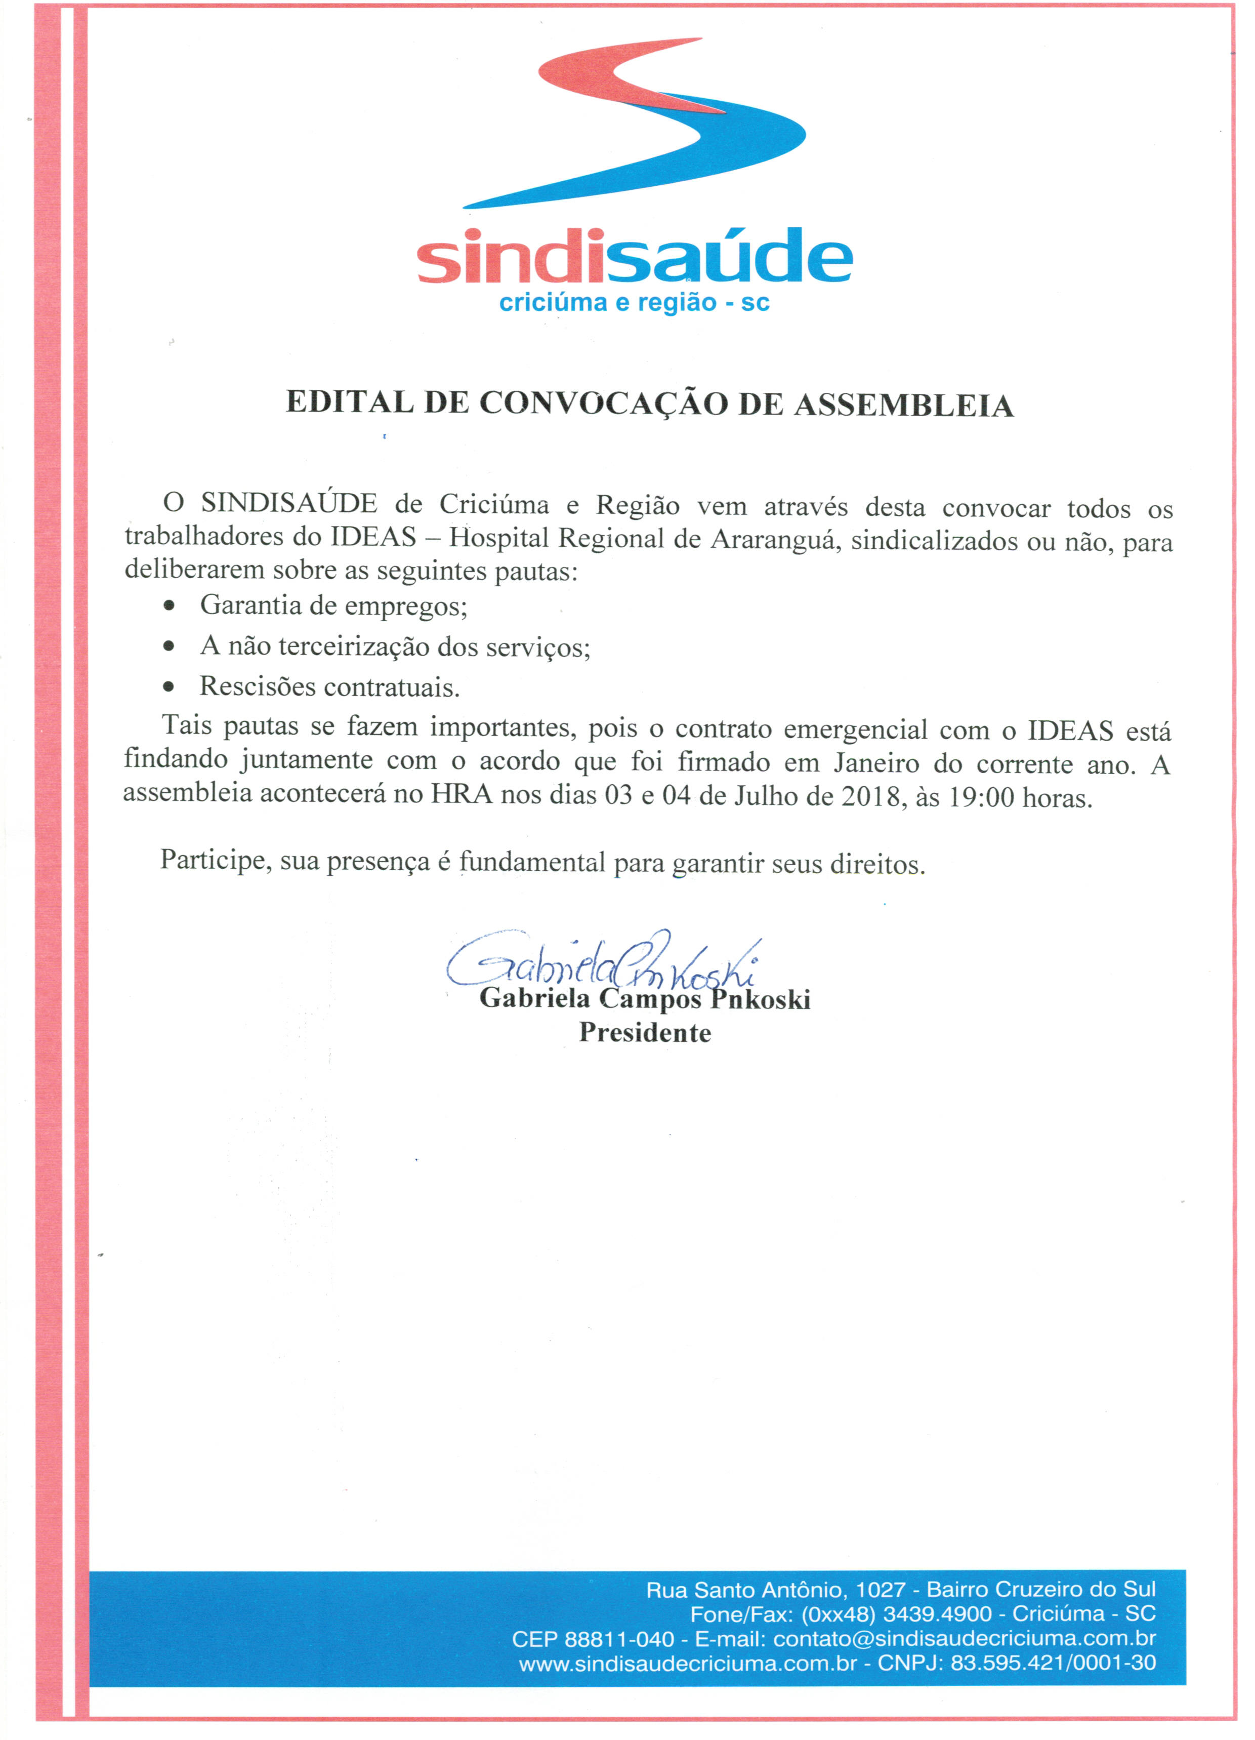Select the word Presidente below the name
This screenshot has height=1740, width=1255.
[x=644, y=1033]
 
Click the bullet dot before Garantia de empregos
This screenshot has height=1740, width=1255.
[x=169, y=606]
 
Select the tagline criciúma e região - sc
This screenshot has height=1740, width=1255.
[x=634, y=303]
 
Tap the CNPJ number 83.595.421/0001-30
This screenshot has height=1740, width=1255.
[x=1053, y=1663]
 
